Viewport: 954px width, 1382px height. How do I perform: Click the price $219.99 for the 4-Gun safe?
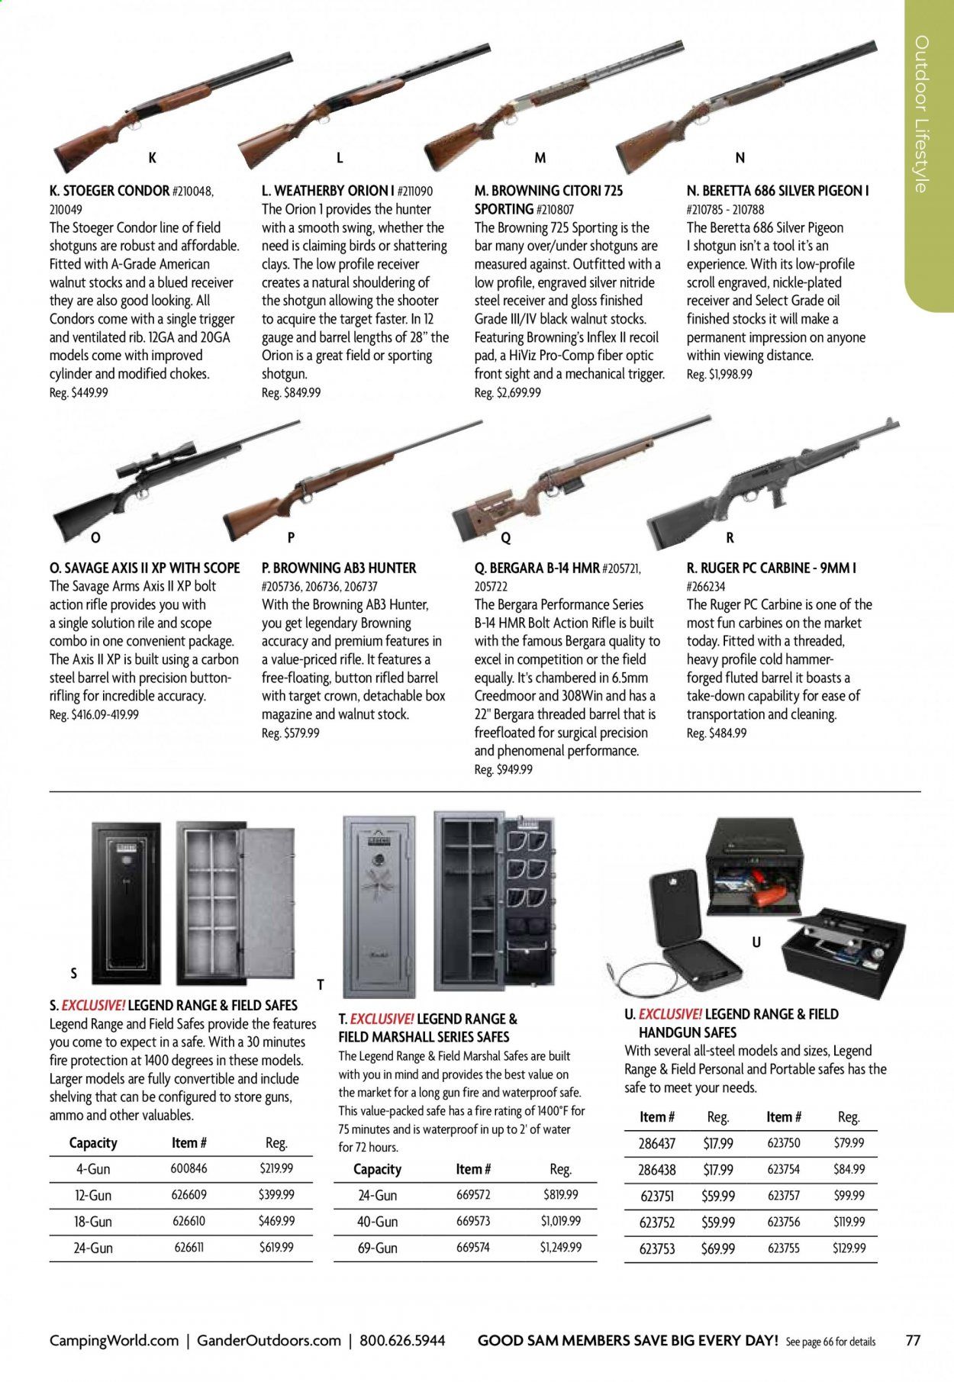coord(276,1168)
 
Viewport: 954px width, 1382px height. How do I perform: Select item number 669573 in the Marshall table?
coord(473,1221)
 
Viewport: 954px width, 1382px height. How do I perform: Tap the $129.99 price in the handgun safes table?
coord(848,1248)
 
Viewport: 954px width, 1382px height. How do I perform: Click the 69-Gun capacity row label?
coord(377,1248)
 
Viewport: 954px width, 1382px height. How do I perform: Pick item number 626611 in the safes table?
coord(189,1247)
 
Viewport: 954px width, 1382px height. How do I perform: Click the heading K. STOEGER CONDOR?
coord(109,191)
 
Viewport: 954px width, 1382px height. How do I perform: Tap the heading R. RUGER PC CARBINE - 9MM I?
coord(771,568)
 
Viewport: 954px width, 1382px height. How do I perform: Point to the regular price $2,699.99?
coord(508,392)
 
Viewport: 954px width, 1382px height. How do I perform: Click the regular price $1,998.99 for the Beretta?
coord(719,374)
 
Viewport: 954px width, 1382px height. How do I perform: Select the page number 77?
coord(913,1340)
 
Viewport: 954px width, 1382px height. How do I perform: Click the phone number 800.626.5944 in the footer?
coord(402,1340)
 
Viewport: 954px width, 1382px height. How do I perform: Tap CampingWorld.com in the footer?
coord(114,1340)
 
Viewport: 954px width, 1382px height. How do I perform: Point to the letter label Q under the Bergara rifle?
coord(505,538)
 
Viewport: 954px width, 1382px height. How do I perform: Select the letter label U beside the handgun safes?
coord(756,942)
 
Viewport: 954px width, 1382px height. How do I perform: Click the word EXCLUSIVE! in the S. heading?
coord(92,1006)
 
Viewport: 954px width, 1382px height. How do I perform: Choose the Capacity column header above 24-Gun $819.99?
coord(377,1169)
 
